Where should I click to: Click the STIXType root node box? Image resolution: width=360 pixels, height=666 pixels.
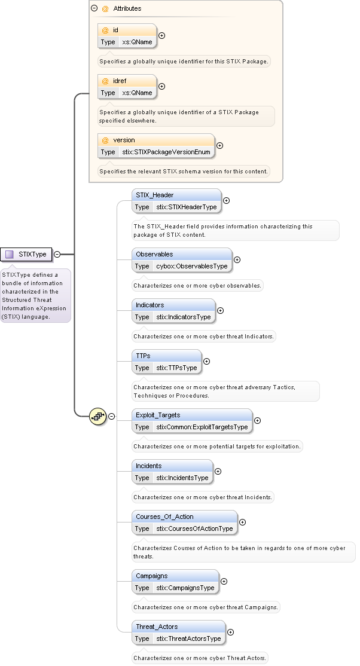point(26,254)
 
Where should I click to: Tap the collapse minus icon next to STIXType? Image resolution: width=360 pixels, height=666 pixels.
point(57,254)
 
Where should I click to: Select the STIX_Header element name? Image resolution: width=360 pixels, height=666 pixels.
point(154,195)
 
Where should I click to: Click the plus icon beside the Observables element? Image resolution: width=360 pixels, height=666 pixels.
point(237,260)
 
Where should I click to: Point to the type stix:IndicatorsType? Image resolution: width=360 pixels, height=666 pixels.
point(184,317)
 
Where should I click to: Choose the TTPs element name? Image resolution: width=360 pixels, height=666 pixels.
point(143,356)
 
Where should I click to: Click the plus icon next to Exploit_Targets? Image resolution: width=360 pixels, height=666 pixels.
point(257,421)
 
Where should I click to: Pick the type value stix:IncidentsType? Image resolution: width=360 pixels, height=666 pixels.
point(182,478)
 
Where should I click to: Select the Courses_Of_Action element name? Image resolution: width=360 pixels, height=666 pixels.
point(164,517)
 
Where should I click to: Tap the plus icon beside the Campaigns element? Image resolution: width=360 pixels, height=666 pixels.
point(224,582)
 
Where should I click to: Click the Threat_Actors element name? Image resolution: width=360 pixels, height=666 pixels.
point(157,627)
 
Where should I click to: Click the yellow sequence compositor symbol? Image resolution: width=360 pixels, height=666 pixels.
point(97,416)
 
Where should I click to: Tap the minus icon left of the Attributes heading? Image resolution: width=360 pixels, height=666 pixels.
point(94,9)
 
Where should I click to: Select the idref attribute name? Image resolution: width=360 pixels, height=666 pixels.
point(120,81)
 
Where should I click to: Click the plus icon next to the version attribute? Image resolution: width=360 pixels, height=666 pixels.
point(219,146)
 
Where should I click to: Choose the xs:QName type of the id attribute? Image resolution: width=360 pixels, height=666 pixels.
point(137,42)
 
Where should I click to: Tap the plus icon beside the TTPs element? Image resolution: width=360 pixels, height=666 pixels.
point(207,362)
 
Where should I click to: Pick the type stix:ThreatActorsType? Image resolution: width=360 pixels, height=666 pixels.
point(188,638)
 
